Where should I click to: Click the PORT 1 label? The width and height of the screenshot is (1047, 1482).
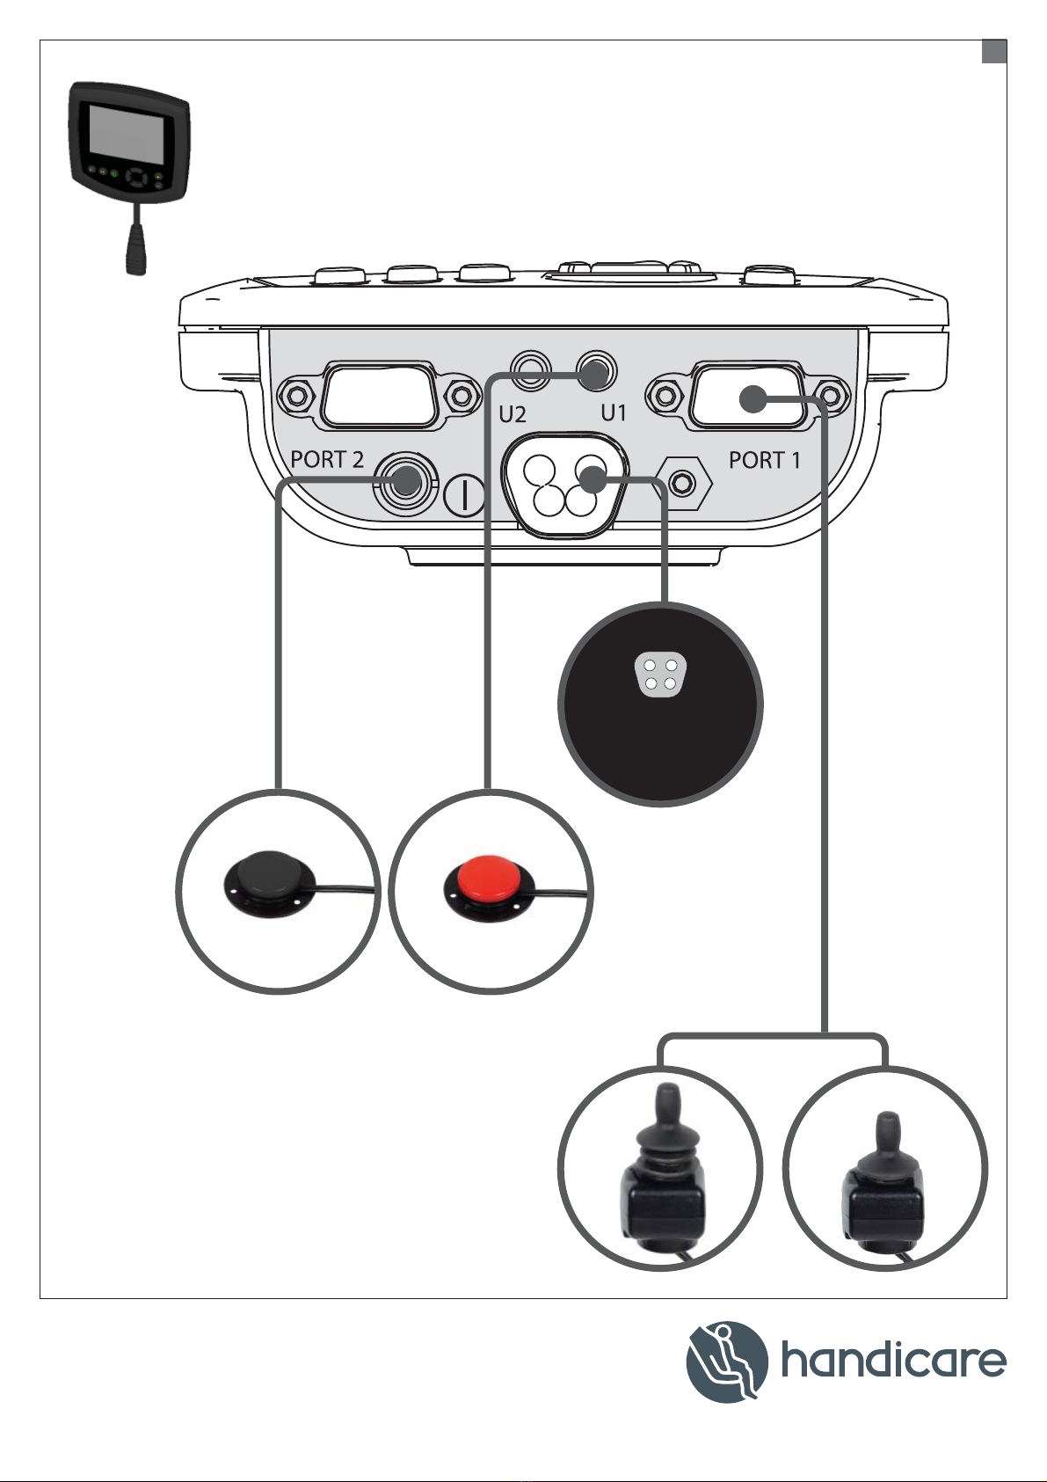point(764,459)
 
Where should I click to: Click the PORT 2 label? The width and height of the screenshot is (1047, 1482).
point(327,459)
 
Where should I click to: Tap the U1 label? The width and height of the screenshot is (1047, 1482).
point(613,412)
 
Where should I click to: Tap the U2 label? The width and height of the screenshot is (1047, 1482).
point(513,413)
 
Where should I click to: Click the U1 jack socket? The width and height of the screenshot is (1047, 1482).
point(595,370)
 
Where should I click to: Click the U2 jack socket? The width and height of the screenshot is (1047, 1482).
point(532,369)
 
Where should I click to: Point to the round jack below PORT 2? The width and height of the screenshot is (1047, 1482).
point(404,481)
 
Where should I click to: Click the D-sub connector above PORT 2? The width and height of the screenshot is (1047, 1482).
point(378,396)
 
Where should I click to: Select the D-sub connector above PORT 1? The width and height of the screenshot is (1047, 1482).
point(747,396)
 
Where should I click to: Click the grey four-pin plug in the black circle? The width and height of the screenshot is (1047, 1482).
point(660,675)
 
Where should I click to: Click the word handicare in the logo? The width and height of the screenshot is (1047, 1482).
point(892,1362)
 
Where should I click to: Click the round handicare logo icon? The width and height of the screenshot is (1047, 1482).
point(727,1362)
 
